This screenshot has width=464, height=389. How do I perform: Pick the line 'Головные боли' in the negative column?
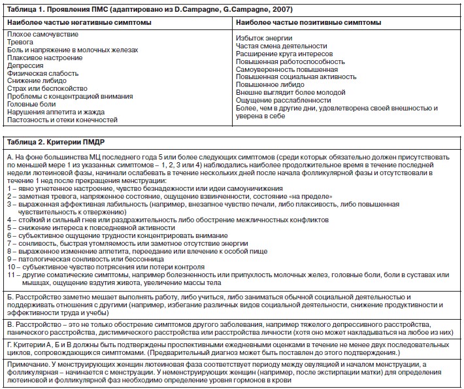[x=31, y=103]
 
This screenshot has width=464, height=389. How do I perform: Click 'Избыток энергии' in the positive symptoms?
[x=265, y=40]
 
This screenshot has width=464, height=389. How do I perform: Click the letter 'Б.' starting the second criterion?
[x=10, y=297]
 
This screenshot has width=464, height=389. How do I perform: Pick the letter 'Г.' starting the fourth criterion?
[x=10, y=342]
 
